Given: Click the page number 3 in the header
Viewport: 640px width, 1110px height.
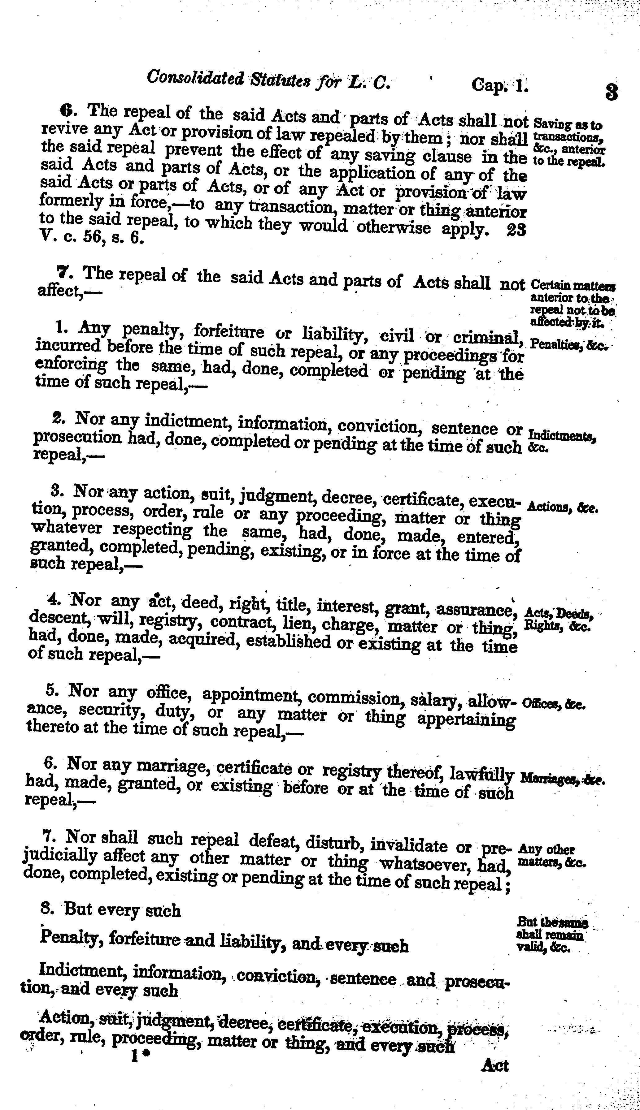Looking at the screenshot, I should click(612, 93).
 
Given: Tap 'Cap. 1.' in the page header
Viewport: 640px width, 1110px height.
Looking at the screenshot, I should click(499, 84).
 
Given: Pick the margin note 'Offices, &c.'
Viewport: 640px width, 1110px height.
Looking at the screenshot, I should click(554, 704).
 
